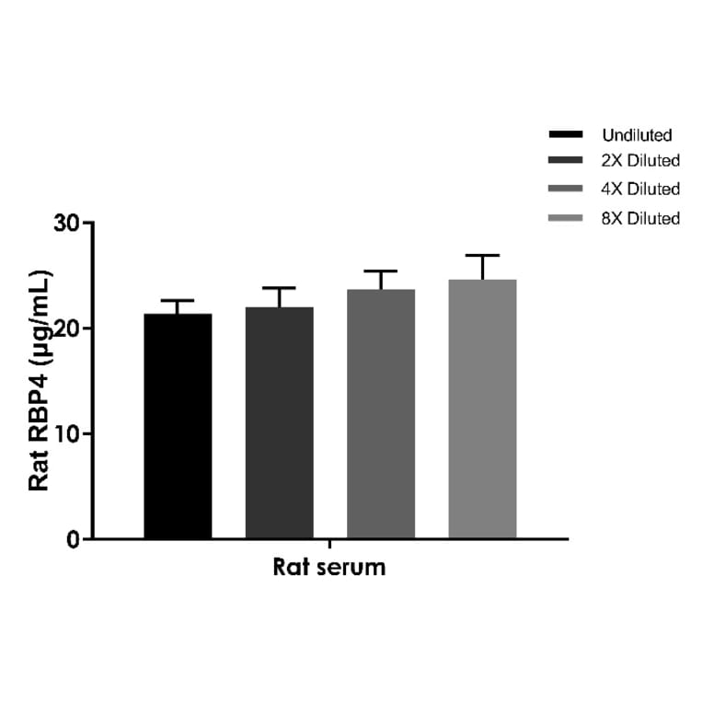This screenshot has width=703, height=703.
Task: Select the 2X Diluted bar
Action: [279, 423]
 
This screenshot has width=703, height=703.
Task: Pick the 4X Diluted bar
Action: [380, 414]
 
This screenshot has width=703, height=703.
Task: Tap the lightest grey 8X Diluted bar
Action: [482, 409]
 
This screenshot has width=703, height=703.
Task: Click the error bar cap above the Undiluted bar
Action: [178, 301]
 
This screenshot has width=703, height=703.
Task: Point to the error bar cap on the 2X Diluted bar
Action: [279, 288]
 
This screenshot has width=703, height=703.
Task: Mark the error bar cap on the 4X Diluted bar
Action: [380, 271]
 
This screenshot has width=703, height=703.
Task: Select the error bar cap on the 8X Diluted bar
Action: [482, 255]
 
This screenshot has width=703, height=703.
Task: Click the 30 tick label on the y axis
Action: [66, 223]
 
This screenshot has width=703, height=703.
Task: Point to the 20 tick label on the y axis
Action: [66, 328]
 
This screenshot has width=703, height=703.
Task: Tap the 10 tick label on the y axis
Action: [66, 433]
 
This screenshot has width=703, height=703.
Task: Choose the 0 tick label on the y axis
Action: [74, 539]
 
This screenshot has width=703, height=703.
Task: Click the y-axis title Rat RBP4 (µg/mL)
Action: [39, 381]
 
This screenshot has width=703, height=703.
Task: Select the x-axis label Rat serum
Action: [329, 567]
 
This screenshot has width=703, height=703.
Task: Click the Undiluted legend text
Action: [637, 135]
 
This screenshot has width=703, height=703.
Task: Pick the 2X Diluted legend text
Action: [640, 161]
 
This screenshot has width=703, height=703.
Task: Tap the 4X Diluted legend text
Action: [640, 190]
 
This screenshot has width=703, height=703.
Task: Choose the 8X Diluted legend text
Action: [640, 218]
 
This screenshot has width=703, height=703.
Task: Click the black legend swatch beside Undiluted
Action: [565, 135]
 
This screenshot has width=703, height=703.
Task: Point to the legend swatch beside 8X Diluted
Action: [565, 218]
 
